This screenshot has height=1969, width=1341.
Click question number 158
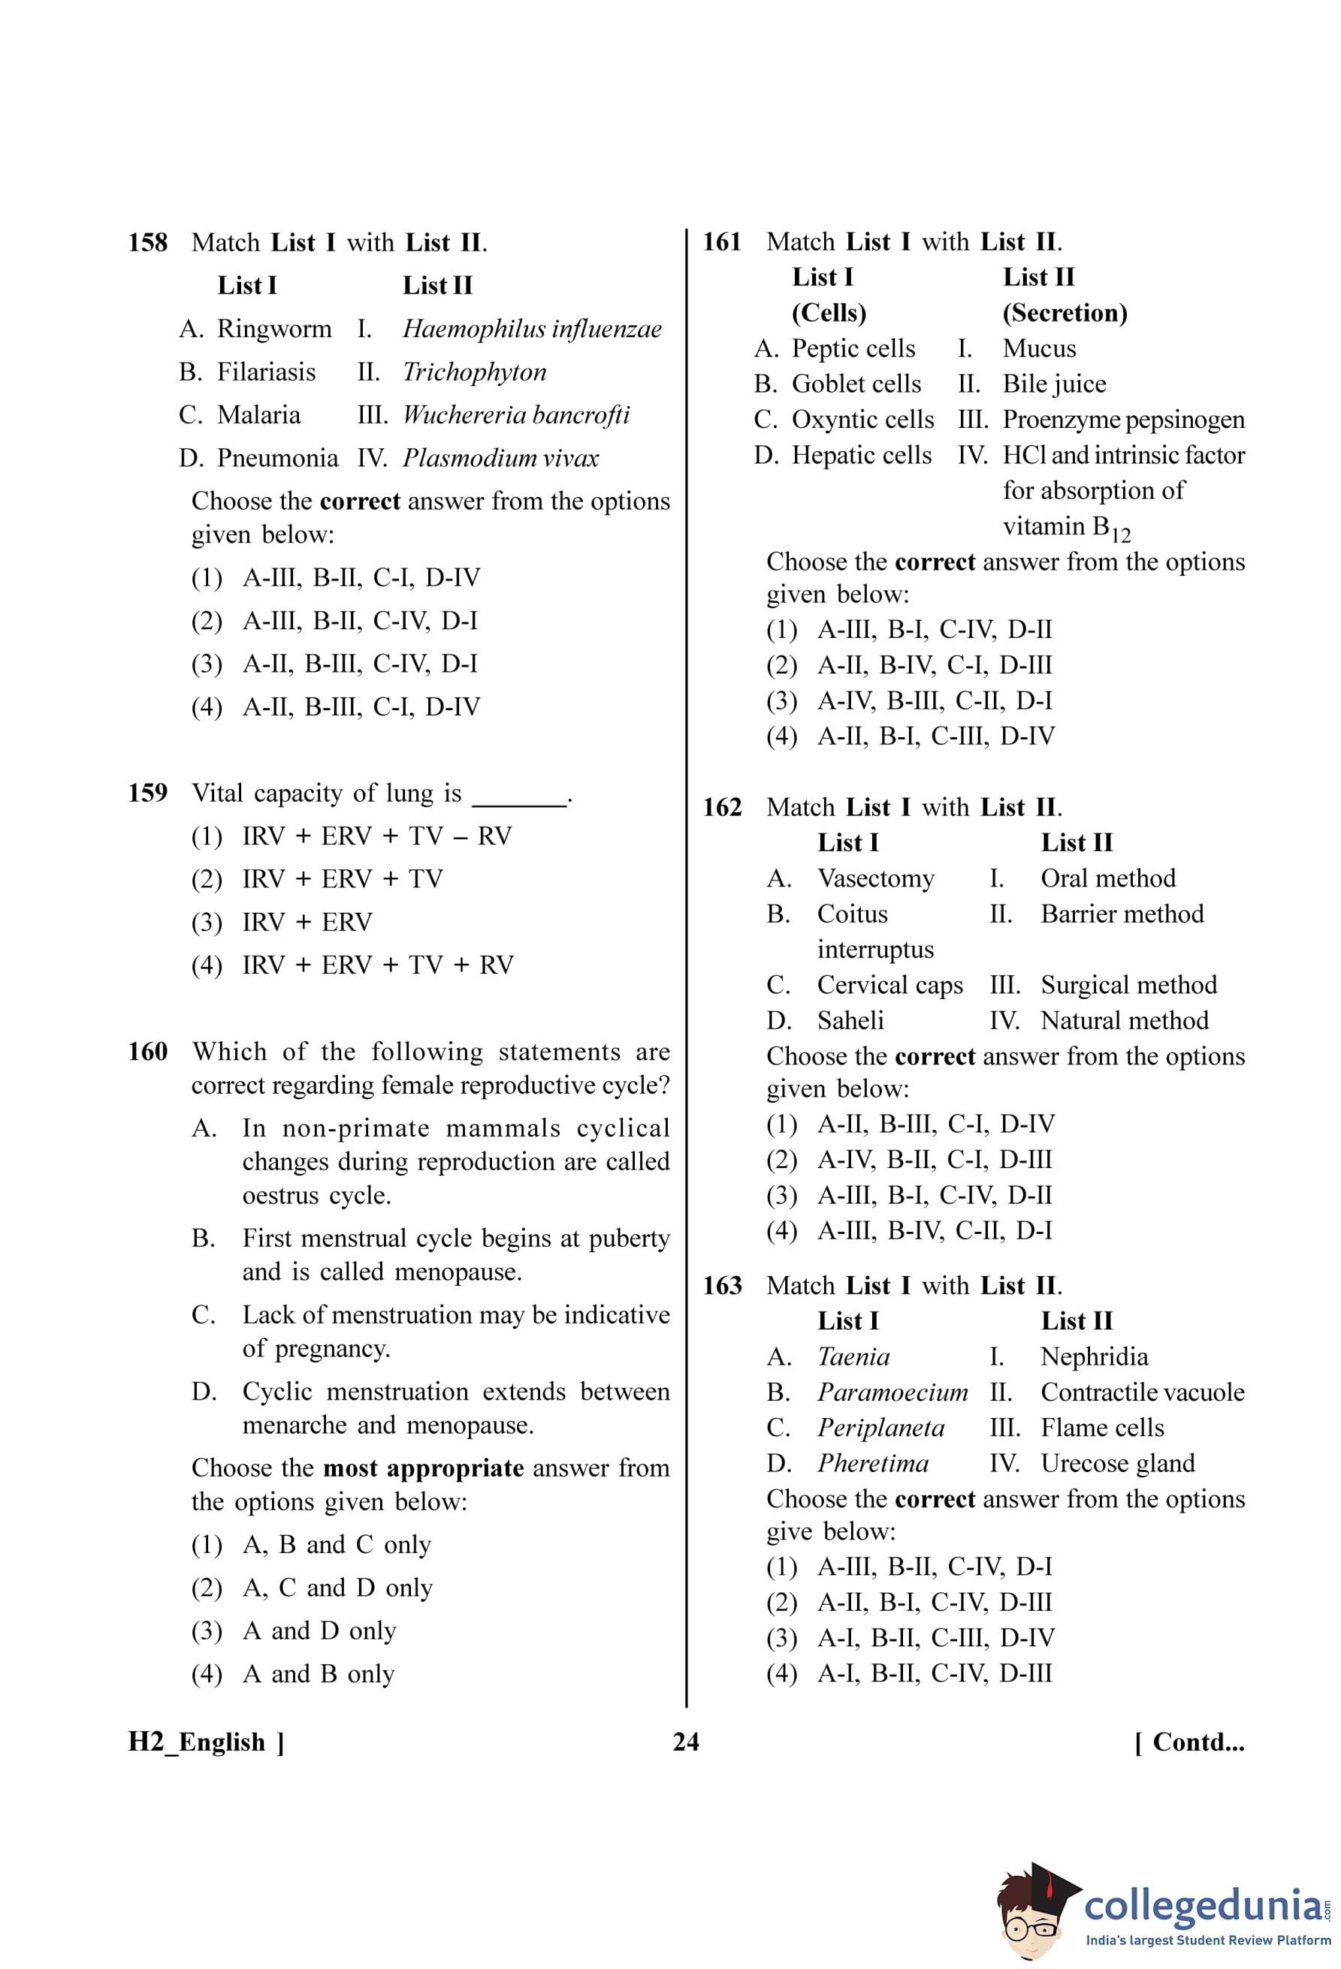coord(147,243)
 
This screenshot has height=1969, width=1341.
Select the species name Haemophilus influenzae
coord(531,329)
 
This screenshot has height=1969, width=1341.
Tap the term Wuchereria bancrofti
coord(515,415)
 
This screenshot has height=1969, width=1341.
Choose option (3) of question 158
coord(335,664)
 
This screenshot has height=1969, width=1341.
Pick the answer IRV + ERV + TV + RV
coord(377,965)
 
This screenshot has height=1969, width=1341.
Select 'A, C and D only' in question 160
coord(337,1588)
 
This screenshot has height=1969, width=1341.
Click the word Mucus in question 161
coord(1038,349)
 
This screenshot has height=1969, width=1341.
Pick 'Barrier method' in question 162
coord(1122,914)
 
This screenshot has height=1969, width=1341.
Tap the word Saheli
coord(850,1021)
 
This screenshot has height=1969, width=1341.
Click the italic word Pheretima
coord(872,1463)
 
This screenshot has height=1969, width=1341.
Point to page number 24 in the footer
coord(685,1742)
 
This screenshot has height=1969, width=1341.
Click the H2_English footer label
coord(205,1742)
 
